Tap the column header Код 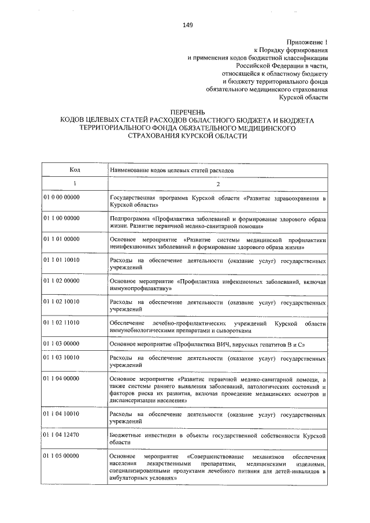point(75,171)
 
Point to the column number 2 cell point(218,184)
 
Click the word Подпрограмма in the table point(130,220)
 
